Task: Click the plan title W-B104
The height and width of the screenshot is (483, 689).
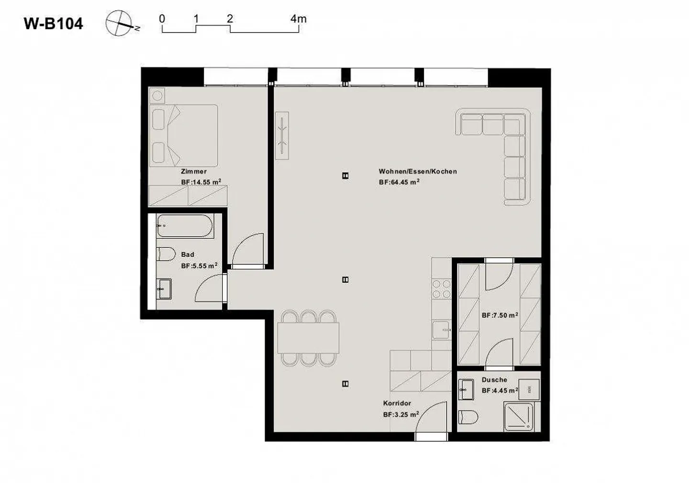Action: pos(53,24)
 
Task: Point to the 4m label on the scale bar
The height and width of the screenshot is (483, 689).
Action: pos(299,19)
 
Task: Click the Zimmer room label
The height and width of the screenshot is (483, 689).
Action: pos(194,171)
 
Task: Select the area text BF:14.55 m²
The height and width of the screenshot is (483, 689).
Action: pos(201,182)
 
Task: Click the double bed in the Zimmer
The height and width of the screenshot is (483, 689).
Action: pos(184,136)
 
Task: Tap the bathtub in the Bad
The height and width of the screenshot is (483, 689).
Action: pos(185,226)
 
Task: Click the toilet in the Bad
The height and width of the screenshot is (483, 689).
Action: pos(166,254)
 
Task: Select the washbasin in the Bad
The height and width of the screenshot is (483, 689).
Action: pos(164,289)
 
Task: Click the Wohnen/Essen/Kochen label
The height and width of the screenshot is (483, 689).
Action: pos(418,171)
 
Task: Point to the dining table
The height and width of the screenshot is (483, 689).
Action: pos(308,338)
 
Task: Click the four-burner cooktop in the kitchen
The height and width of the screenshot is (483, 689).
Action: pos(441,289)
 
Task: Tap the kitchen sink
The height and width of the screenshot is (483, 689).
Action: pos(441,330)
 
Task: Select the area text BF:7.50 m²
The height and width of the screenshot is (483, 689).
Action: pos(500,315)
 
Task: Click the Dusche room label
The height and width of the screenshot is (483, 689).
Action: pos(494,380)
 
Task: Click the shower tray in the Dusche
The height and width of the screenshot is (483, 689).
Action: pos(519,416)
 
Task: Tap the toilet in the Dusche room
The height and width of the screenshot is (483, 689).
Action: pos(468,417)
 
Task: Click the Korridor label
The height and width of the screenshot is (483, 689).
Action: pos(397,403)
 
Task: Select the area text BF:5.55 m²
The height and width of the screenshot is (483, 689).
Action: pos(200,265)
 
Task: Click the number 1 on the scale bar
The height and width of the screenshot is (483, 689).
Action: pos(196,19)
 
